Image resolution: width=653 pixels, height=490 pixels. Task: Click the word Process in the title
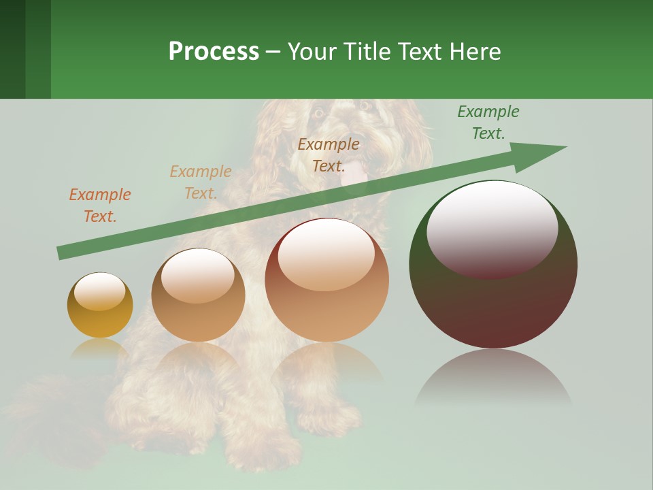(214, 51)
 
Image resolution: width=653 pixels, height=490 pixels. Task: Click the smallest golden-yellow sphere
(100, 305)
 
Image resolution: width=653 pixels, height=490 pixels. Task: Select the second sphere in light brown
(198, 295)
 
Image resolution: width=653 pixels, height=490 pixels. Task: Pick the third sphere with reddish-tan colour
(326, 280)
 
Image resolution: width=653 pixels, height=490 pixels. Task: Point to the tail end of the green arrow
(61, 252)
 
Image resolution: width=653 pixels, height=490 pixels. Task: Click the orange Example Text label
(100, 206)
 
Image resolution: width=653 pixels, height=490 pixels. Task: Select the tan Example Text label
(201, 182)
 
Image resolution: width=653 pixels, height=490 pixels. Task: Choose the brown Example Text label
(329, 155)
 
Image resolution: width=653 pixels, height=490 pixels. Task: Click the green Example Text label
(488, 122)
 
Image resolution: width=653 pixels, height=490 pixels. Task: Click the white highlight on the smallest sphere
(99, 291)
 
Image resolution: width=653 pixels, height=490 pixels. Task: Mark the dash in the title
(273, 52)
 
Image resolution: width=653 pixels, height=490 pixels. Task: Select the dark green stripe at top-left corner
(12, 49)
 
